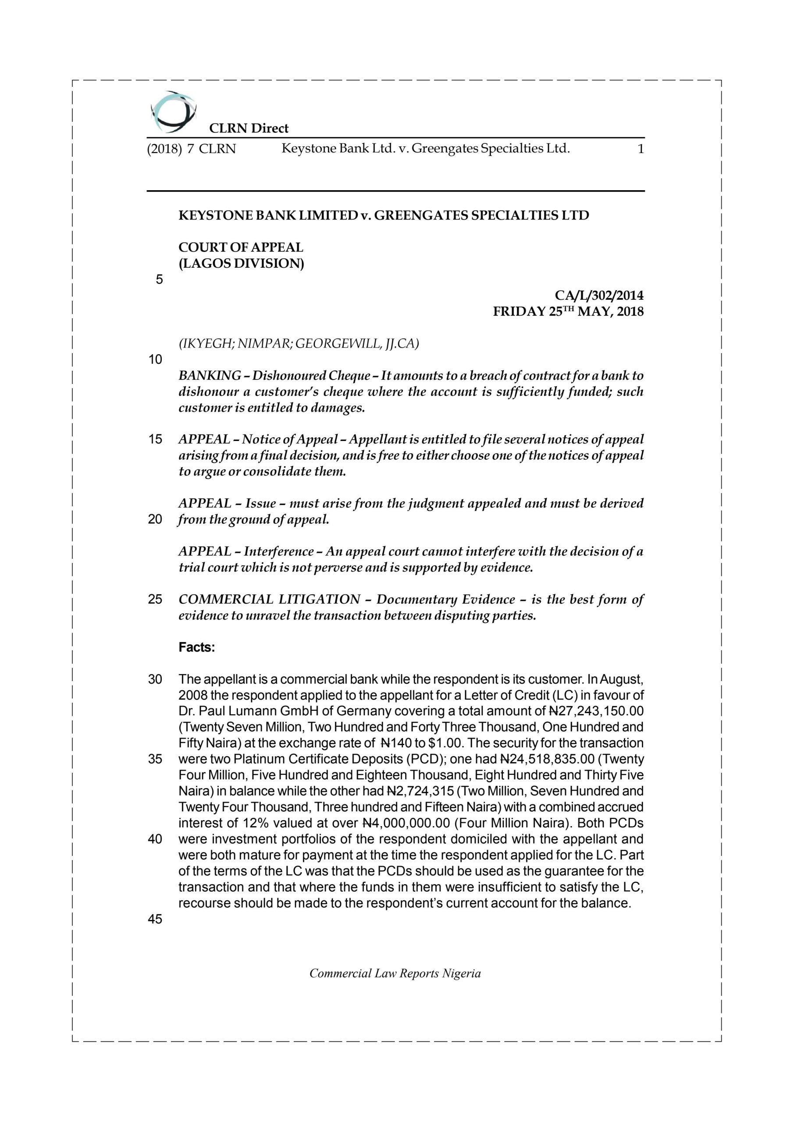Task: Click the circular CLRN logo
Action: (173, 112)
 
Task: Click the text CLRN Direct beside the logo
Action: (249, 128)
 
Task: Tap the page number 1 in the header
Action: (641, 149)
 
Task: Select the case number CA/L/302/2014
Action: (599, 296)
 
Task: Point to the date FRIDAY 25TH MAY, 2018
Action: (568, 312)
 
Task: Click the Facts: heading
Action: (196, 647)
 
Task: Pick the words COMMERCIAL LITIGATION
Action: (269, 600)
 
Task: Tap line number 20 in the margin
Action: (155, 519)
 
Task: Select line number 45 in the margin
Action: (155, 919)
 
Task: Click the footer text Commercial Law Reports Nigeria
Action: (395, 973)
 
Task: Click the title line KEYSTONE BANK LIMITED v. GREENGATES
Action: (384, 216)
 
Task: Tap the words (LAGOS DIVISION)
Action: (241, 264)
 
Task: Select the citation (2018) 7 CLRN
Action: (191, 149)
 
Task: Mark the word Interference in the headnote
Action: (279, 552)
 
